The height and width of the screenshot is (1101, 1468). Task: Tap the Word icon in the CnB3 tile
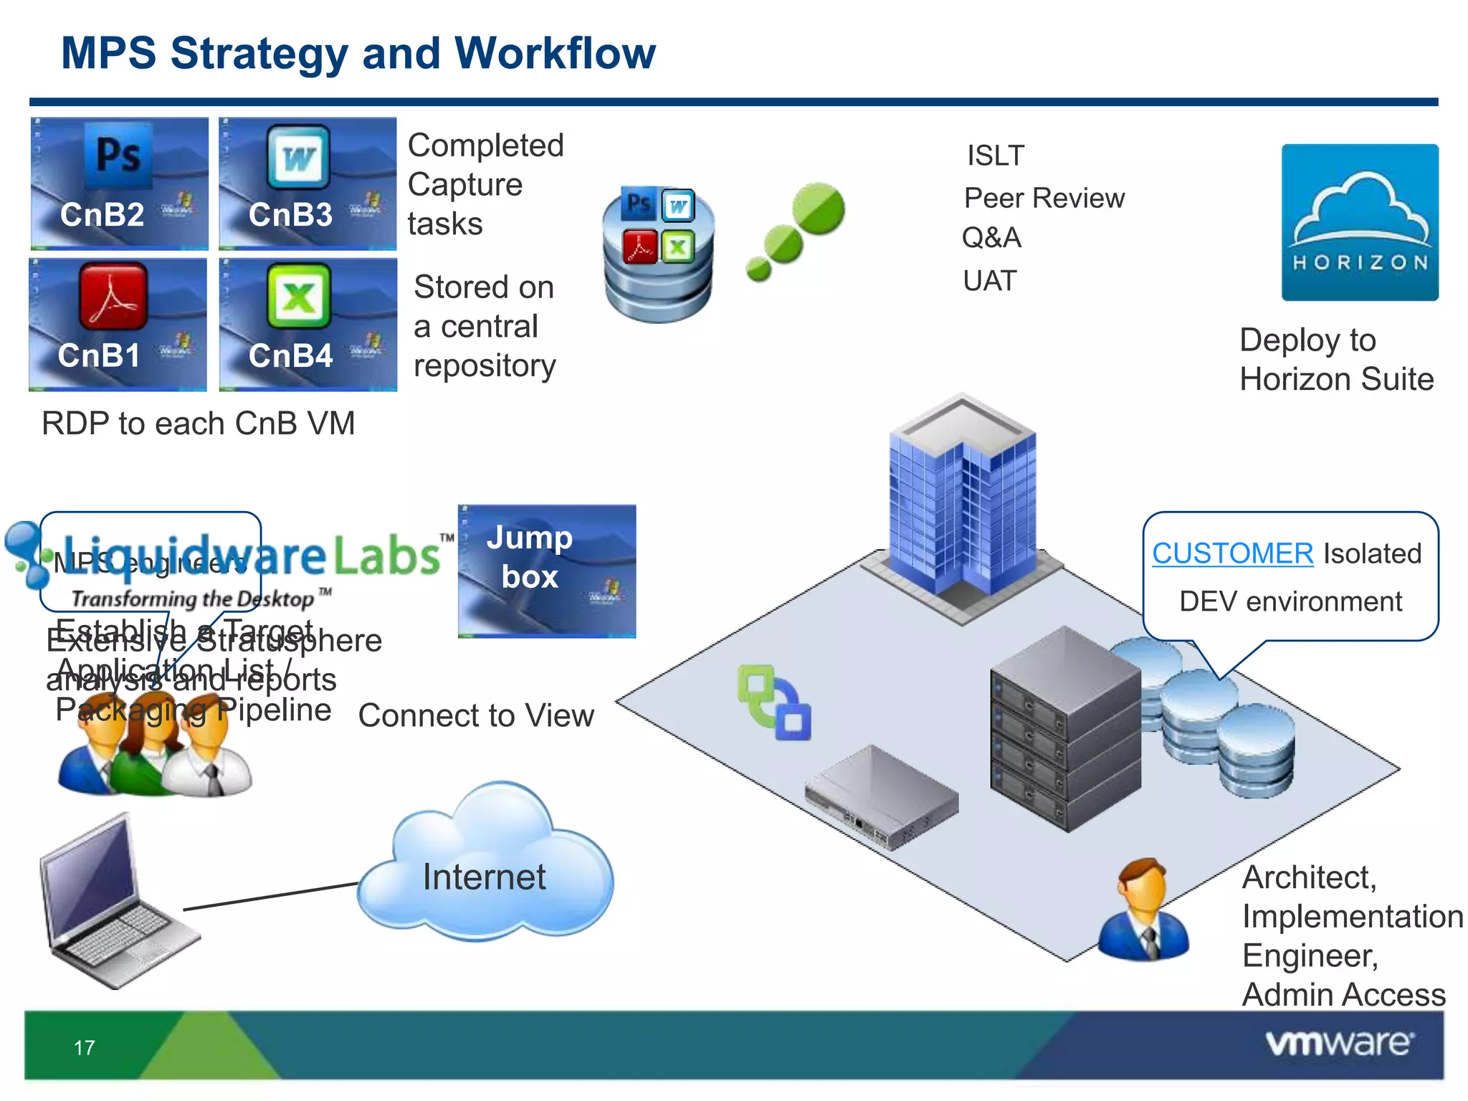click(299, 156)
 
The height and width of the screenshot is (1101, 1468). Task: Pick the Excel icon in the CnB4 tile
click(298, 295)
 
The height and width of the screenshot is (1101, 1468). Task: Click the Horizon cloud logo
click(1360, 222)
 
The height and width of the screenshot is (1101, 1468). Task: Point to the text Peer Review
click(1044, 199)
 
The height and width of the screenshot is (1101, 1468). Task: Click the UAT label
click(989, 281)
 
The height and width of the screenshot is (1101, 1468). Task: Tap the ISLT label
click(996, 156)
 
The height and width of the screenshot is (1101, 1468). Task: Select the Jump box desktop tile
click(547, 571)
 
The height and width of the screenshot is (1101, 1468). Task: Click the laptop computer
click(115, 903)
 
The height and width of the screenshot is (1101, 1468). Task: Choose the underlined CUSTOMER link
click(1232, 553)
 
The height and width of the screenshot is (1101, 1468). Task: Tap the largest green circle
click(819, 209)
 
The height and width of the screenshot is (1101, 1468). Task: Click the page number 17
click(85, 1048)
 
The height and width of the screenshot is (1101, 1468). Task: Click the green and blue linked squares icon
click(774, 702)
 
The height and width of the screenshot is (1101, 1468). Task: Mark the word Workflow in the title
click(555, 53)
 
